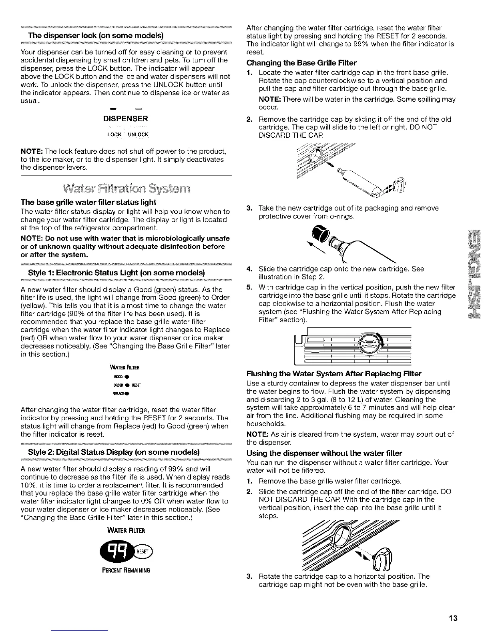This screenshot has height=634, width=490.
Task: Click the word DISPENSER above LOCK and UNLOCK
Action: pyautogui.click(x=126, y=119)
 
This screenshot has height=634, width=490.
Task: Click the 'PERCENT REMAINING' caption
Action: pyautogui.click(x=125, y=570)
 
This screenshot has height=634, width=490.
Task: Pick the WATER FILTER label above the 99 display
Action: pyautogui.click(x=125, y=531)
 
